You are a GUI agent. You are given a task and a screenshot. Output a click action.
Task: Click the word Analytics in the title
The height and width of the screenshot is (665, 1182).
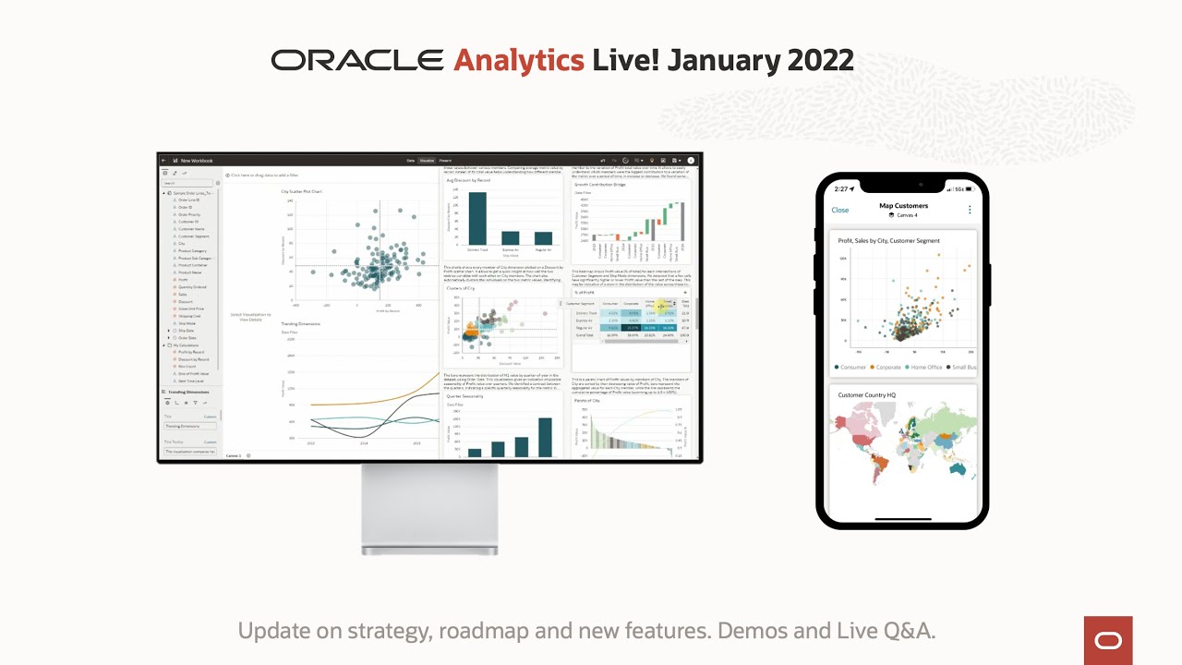518,61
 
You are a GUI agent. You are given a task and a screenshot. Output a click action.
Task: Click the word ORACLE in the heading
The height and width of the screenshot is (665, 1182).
357,61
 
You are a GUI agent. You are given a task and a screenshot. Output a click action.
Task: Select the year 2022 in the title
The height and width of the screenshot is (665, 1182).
820,61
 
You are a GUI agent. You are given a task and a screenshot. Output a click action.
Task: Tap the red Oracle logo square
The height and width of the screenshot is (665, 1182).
1107,641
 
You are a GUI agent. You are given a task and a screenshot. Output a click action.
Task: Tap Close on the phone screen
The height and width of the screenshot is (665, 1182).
840,211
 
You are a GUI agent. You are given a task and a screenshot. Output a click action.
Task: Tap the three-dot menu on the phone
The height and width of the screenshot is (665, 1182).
970,210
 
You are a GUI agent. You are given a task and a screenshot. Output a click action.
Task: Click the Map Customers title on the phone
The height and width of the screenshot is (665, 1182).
903,206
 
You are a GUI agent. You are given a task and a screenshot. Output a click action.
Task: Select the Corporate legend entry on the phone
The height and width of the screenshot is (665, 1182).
887,368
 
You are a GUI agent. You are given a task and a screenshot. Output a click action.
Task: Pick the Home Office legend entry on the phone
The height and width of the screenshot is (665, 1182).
923,368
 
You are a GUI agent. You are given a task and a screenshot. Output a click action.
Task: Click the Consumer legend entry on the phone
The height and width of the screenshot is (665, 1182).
850,368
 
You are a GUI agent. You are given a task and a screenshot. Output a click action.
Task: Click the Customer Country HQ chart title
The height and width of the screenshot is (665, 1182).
867,395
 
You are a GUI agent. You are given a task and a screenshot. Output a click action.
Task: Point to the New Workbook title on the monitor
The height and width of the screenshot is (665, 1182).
196,161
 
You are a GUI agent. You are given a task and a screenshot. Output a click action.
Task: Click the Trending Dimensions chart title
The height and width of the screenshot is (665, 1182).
301,324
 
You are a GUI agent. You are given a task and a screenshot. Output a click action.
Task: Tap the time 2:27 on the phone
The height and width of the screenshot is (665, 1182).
841,188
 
